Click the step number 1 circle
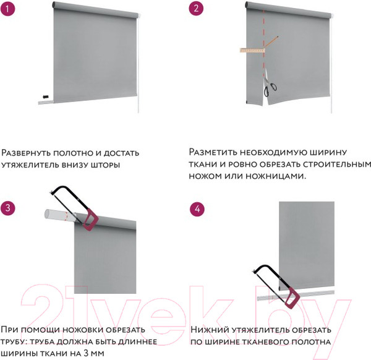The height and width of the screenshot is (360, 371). point(7,9)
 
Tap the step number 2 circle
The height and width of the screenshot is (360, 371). point(196,8)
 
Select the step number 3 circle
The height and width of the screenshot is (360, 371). point(8,208)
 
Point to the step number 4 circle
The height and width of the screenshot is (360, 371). point(197,208)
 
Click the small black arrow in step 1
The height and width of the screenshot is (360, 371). point(46,96)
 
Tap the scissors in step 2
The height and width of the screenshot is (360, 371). point(269,85)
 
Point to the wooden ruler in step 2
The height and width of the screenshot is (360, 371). point(252,50)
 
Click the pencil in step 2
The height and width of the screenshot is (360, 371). point(271,41)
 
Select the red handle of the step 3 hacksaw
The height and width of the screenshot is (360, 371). point(90,220)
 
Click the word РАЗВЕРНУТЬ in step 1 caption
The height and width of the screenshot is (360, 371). point(25,153)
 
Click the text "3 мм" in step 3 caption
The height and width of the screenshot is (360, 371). point(94,353)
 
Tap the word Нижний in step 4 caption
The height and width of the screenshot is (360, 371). point(210,330)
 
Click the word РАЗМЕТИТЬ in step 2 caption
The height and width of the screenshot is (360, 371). point(213,152)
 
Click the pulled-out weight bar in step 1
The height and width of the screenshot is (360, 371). point(46,102)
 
